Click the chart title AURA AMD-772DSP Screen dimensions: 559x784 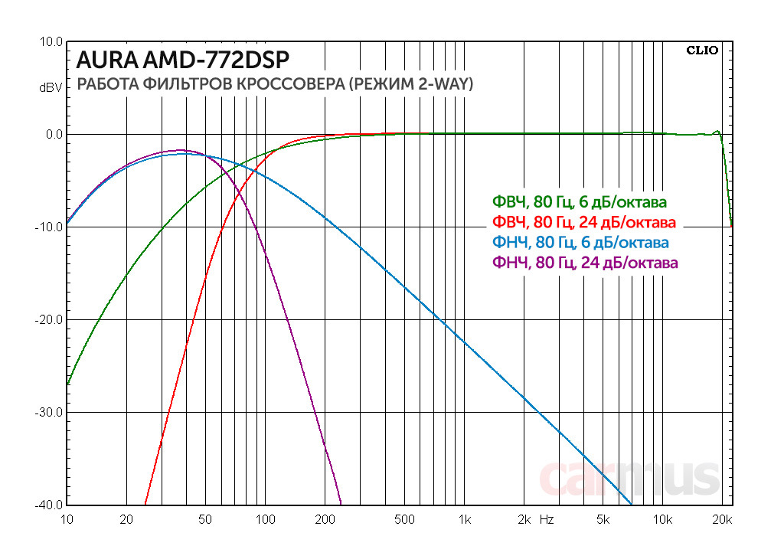[183, 60]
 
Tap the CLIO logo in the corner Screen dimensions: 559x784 [702, 51]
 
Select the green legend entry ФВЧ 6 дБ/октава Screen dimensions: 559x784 [579, 203]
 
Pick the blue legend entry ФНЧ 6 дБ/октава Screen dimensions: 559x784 [580, 243]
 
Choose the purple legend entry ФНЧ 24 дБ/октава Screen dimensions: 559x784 [583, 263]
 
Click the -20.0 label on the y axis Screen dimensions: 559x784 [50, 319]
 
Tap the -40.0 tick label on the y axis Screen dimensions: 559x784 [50, 505]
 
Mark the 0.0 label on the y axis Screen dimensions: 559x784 [54, 134]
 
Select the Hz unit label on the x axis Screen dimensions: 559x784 [547, 520]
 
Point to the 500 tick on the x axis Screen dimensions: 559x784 [403, 520]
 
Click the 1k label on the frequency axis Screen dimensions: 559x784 [464, 520]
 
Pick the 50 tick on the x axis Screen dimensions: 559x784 [204, 520]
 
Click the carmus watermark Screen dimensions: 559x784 [630, 478]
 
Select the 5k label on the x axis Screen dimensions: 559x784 [603, 520]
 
